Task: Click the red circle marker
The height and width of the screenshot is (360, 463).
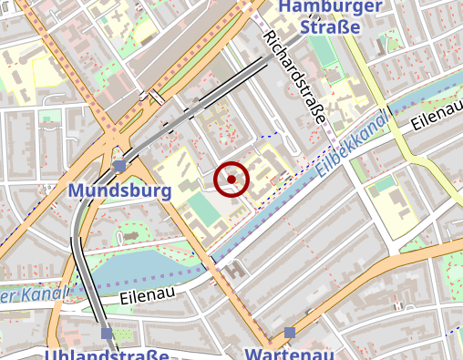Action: coord(231,180)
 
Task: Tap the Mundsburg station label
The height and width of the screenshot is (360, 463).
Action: coord(120,191)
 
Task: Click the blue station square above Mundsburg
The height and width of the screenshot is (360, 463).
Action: coord(120,165)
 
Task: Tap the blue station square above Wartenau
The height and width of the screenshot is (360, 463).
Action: coord(289,333)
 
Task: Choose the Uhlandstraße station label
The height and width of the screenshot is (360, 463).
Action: coord(107,355)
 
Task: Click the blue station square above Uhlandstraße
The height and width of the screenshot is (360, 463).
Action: coord(107,334)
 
